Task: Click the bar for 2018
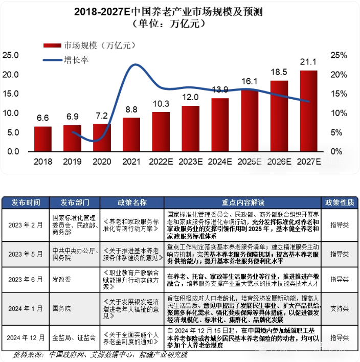click(43, 139)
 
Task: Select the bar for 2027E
click(308, 111)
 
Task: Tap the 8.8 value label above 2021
click(131, 109)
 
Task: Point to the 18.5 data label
click(279, 72)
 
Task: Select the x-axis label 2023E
click(190, 162)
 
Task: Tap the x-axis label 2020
click(102, 162)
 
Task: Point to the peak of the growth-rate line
click(134, 65)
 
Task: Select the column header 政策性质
click(340, 202)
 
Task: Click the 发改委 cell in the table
click(62, 279)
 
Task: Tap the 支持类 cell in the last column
click(340, 309)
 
